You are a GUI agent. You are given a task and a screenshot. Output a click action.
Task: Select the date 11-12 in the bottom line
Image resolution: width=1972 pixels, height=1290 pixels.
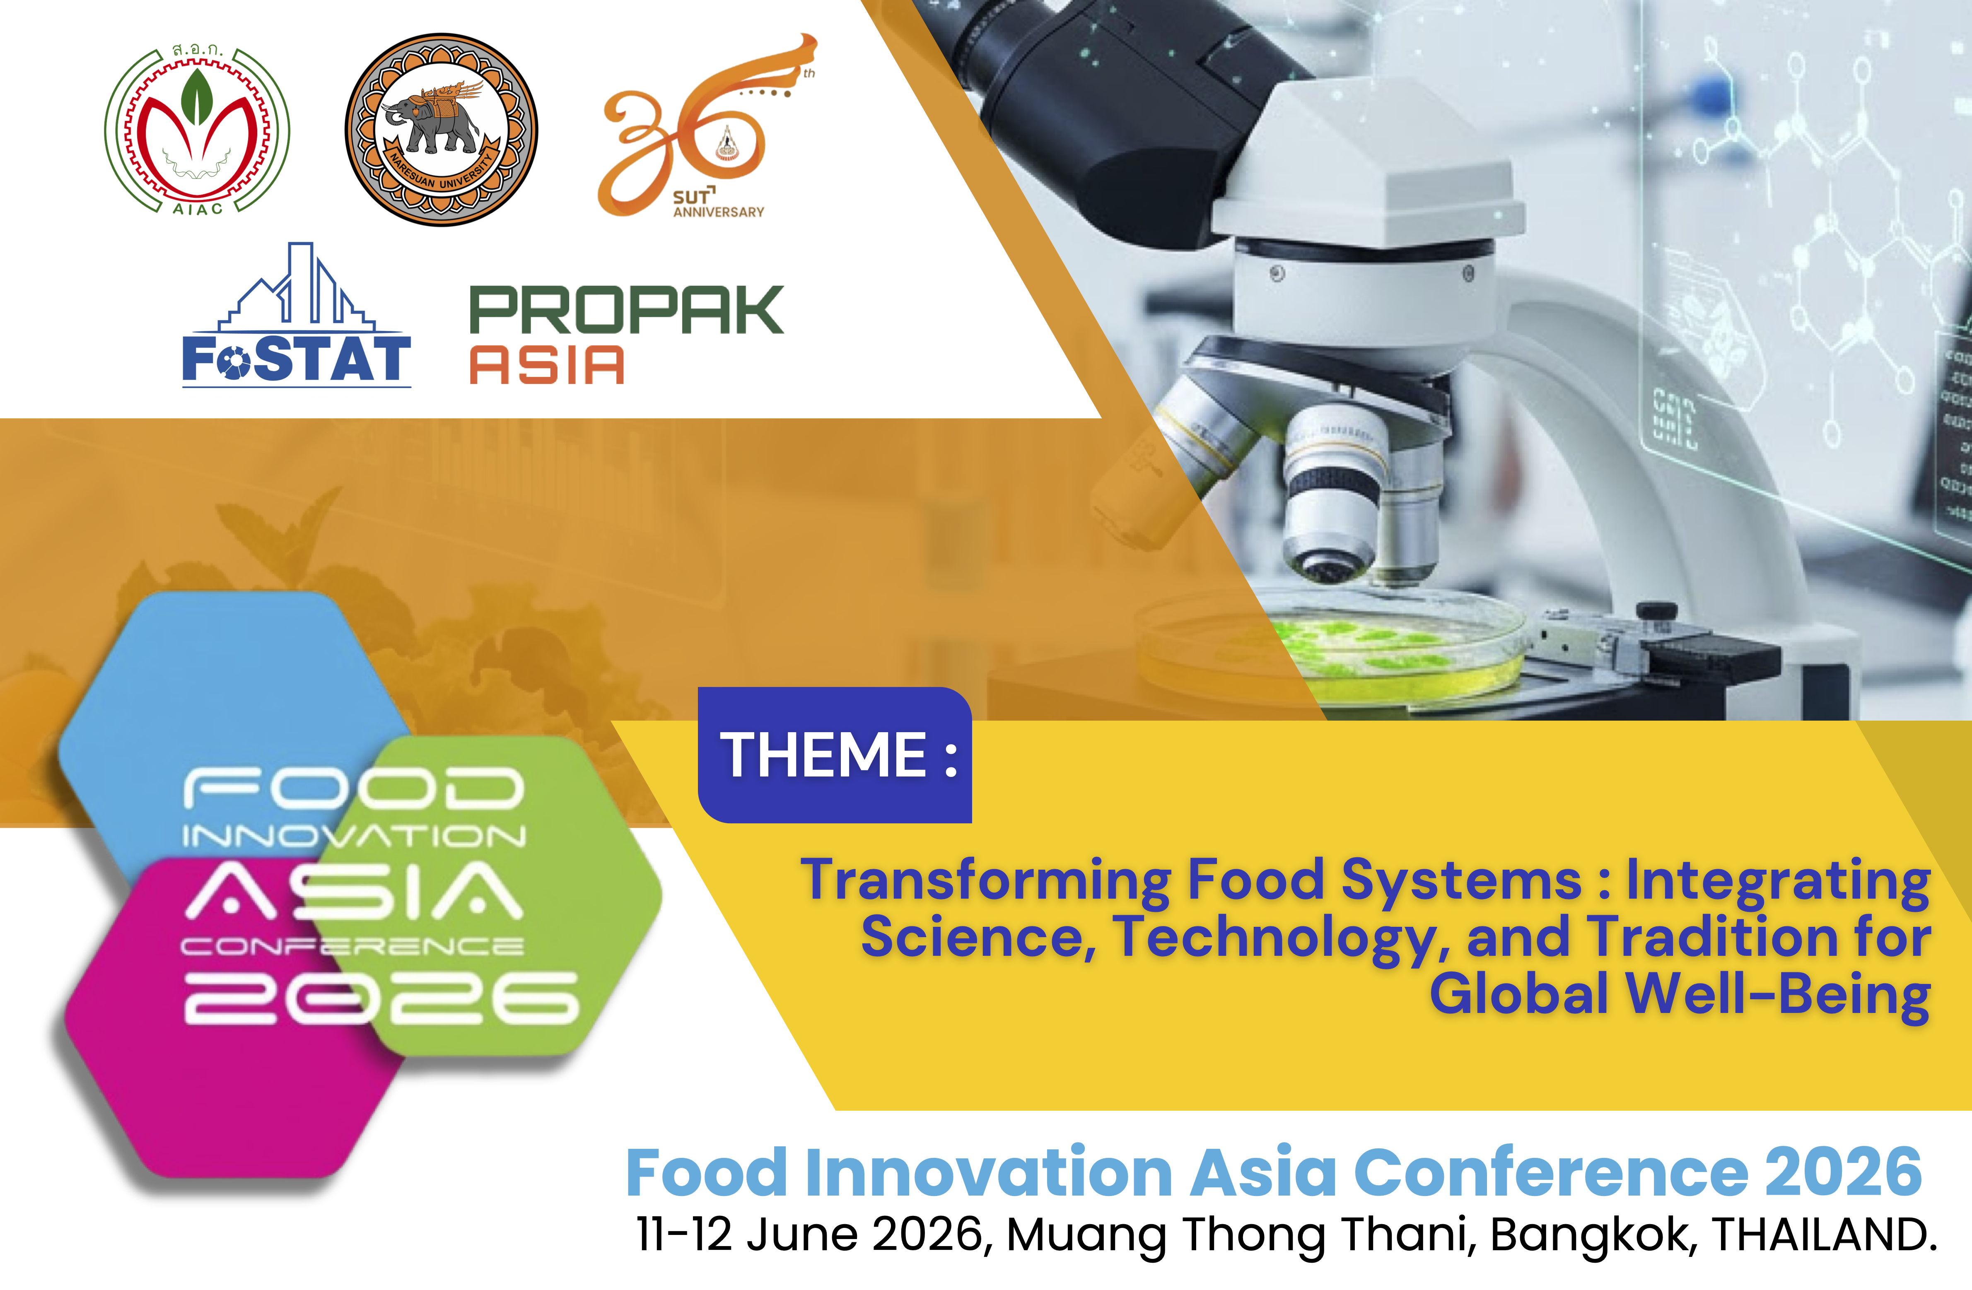(x=684, y=1235)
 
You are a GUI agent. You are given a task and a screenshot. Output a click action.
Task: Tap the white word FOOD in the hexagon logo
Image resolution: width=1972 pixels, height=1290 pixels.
(x=354, y=788)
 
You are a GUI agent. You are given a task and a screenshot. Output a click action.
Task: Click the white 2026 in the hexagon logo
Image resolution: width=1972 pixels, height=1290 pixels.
(x=381, y=998)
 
